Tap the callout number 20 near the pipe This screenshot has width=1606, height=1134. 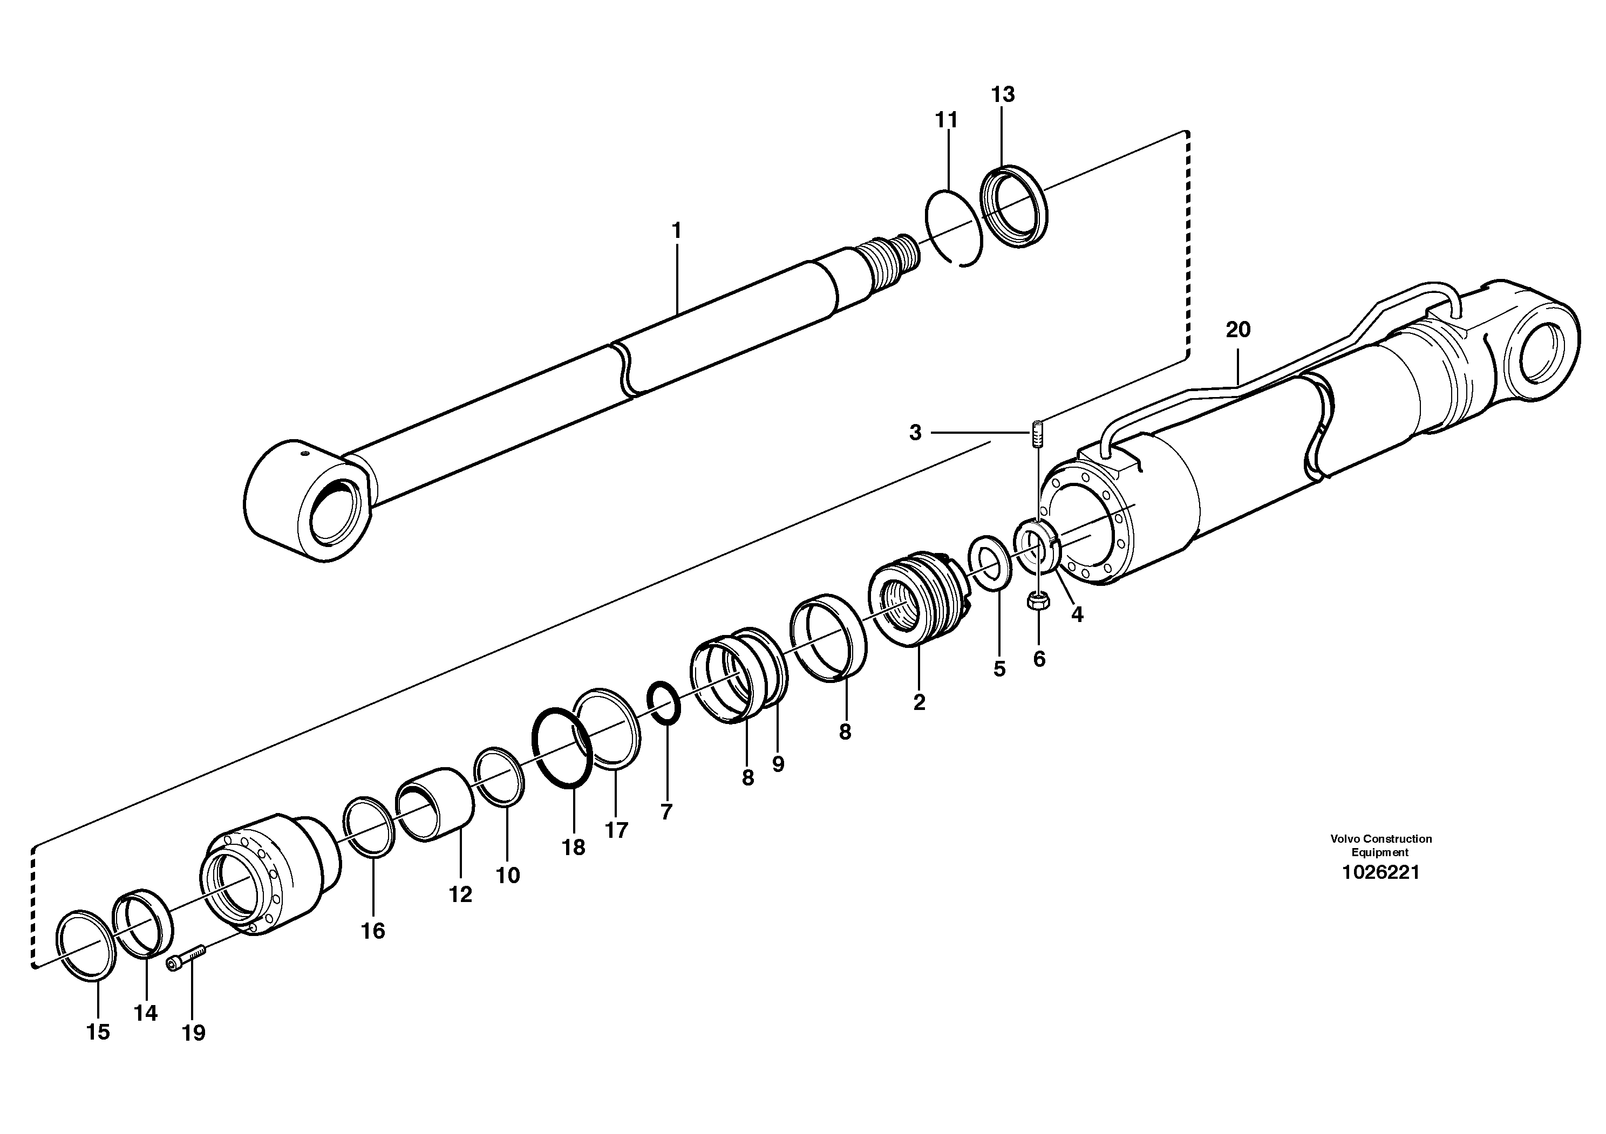[1237, 329]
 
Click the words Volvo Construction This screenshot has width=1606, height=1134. [1381, 839]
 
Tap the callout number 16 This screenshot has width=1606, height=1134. [373, 931]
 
